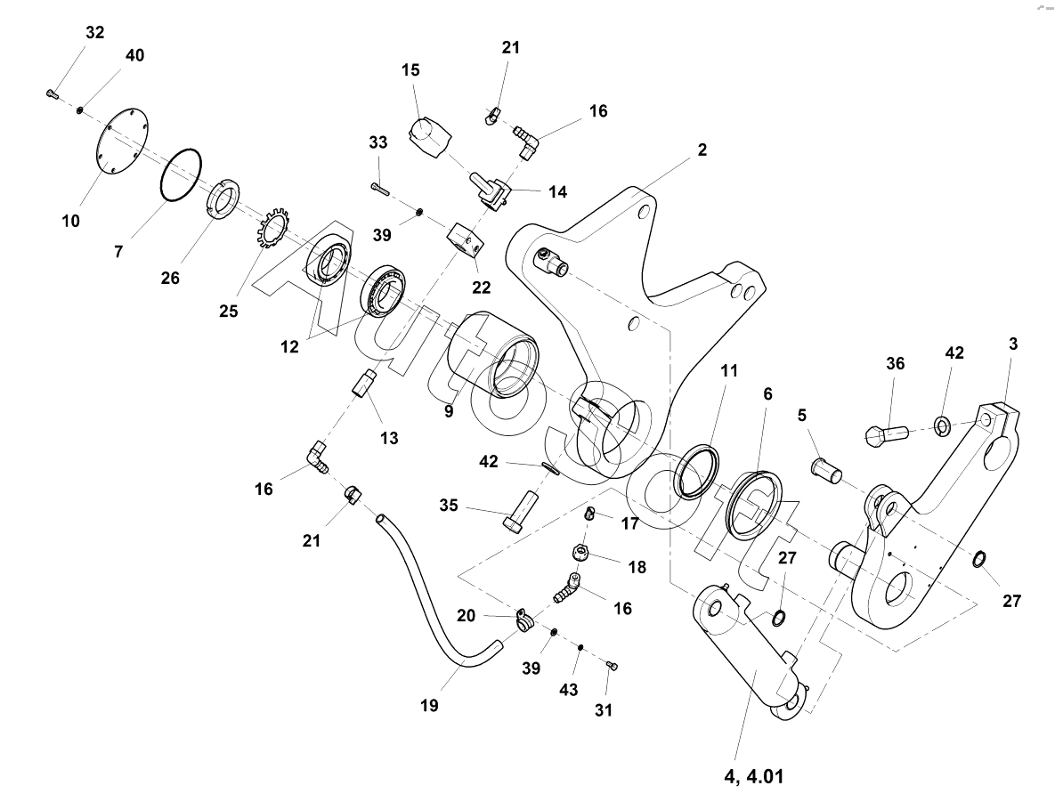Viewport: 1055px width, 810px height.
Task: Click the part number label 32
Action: point(95,32)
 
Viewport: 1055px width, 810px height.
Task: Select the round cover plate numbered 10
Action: point(122,141)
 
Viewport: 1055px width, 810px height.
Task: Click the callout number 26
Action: point(170,277)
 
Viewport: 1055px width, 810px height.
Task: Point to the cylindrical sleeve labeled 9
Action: point(494,353)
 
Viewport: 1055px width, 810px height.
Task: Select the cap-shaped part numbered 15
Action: point(429,136)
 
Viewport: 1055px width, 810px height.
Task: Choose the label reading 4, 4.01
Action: point(753,776)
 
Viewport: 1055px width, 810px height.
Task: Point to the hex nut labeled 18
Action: point(580,553)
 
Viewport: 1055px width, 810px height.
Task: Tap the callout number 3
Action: point(1012,344)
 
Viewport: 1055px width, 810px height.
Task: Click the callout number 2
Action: point(702,150)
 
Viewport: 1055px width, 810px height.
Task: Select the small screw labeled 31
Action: point(613,666)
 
